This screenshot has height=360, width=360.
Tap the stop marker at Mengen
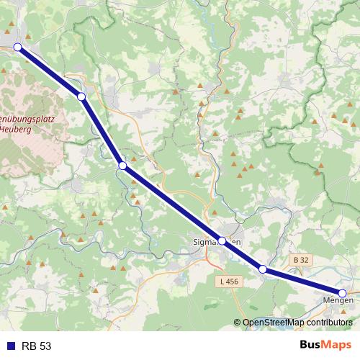343,293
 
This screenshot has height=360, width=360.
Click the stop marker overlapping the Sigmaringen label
222,241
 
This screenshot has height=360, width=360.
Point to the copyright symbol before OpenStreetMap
238,323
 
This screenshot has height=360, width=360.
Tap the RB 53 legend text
36,346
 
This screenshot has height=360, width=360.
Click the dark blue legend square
11,346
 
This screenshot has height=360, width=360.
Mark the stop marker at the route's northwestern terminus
18,48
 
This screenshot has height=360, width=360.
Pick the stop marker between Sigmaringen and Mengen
263,269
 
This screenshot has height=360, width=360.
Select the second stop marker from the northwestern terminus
81,96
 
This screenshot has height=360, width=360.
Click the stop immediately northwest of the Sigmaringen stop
122,166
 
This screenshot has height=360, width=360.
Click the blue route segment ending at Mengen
302,281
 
